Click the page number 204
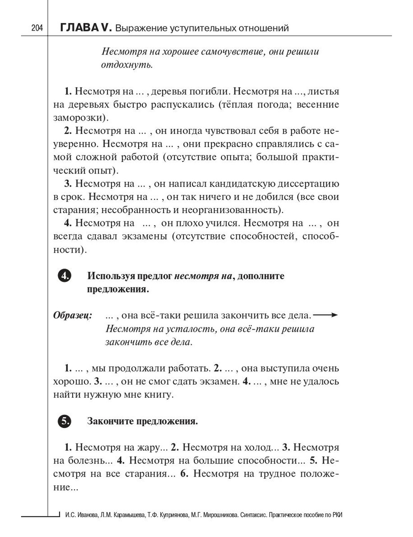(37, 28)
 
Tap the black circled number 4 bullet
(64, 276)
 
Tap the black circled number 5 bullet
(64, 421)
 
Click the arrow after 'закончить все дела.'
(325, 315)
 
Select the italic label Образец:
(73, 316)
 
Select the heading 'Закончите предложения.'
(142, 421)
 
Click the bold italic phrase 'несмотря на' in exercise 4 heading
(203, 276)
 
